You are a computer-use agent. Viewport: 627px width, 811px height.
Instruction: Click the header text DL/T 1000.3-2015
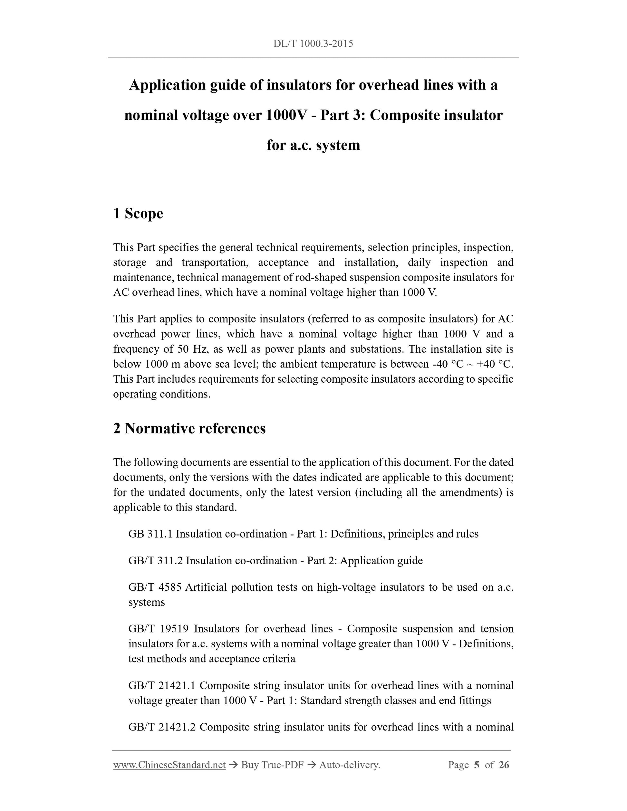click(x=313, y=44)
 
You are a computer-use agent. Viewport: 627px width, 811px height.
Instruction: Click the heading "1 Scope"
click(x=138, y=214)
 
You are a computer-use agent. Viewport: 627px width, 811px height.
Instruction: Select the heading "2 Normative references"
click(x=189, y=428)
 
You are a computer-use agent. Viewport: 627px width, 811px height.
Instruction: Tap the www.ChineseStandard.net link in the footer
click(x=169, y=765)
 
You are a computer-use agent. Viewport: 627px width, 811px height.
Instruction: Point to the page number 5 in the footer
click(x=477, y=765)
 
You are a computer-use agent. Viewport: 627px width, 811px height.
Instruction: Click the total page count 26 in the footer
click(x=504, y=765)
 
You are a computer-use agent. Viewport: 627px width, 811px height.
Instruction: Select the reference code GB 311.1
click(x=150, y=534)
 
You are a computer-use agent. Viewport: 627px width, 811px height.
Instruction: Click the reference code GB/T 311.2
click(x=156, y=561)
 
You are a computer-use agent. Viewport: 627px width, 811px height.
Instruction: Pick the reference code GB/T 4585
click(x=155, y=587)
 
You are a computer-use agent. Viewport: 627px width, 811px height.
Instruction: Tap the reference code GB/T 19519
click(x=159, y=629)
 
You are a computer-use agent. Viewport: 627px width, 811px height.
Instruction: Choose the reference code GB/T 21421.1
click(x=162, y=685)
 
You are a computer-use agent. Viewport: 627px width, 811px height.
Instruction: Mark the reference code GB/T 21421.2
click(x=162, y=727)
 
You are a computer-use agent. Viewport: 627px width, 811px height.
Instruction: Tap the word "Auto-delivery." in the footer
click(x=350, y=765)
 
